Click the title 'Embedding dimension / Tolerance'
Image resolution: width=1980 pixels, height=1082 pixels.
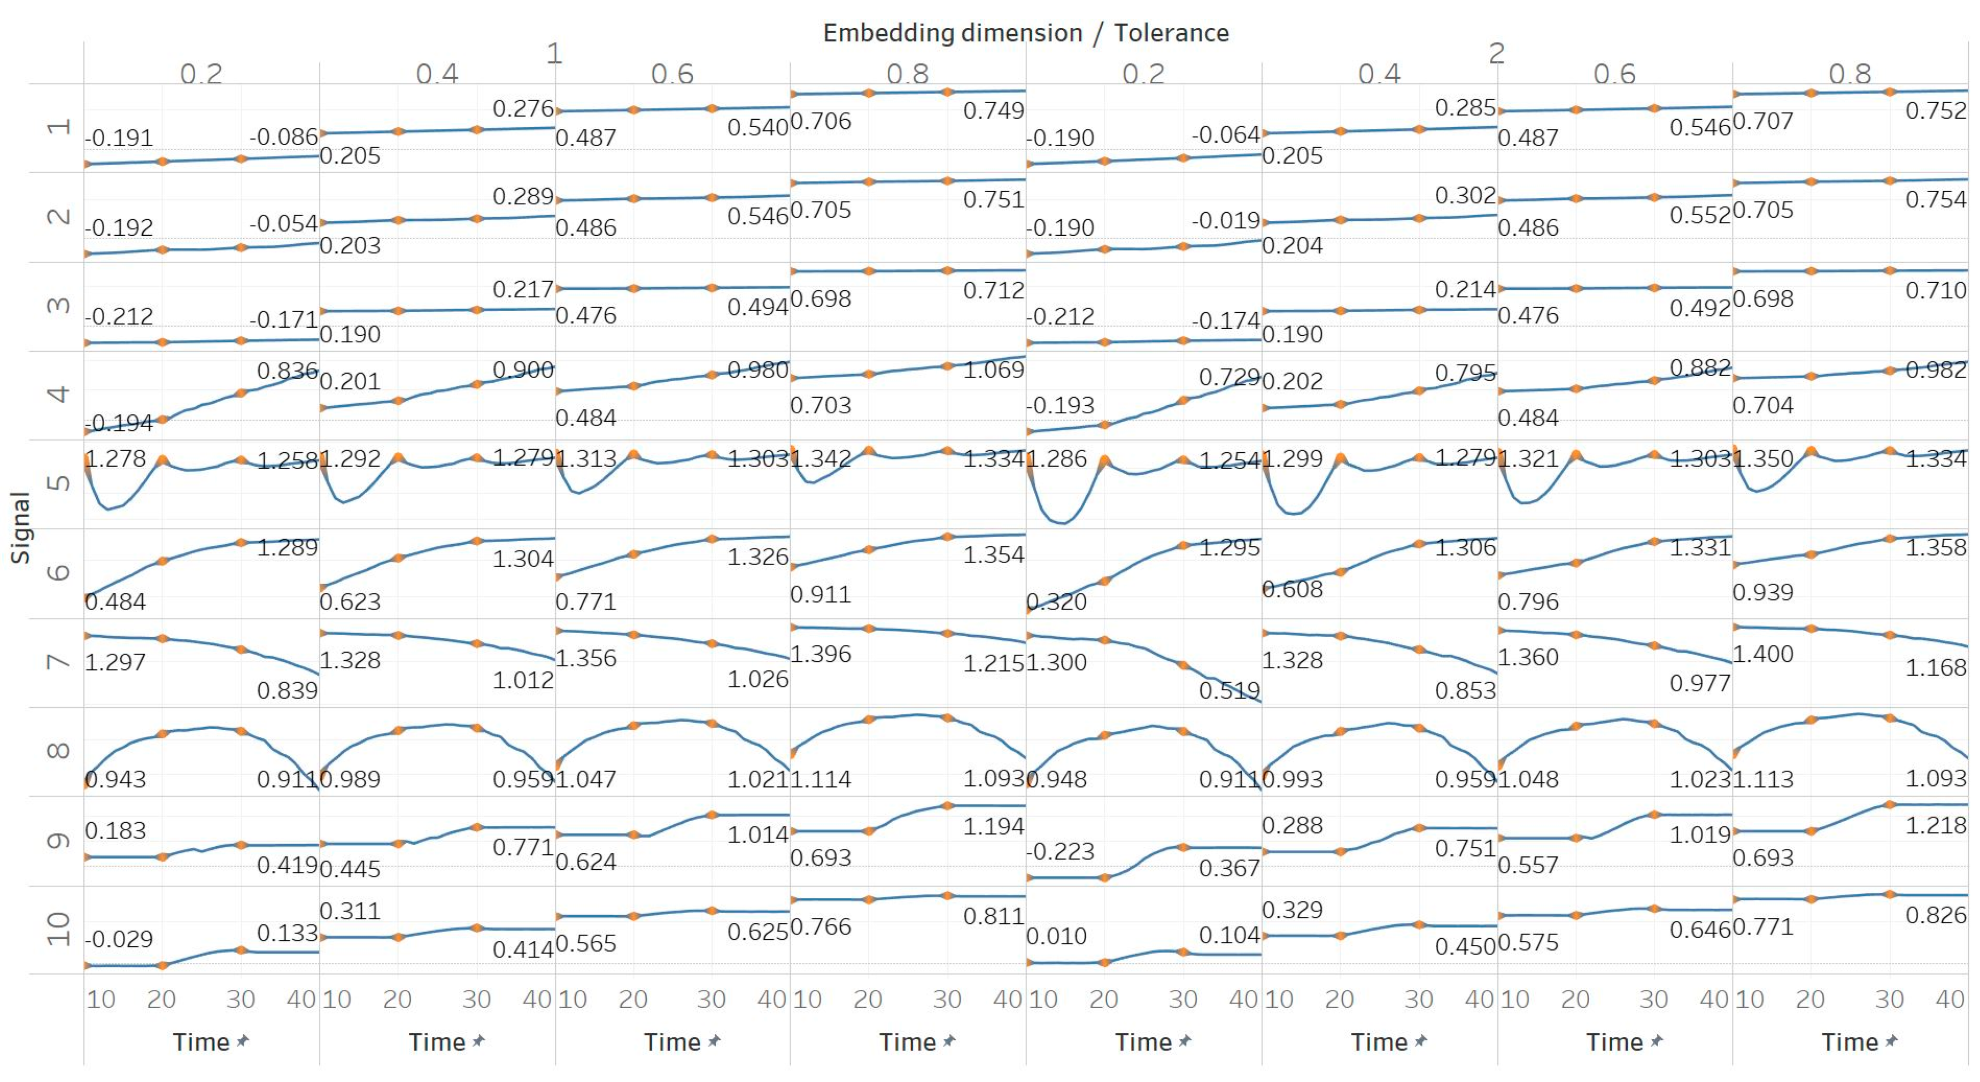[1025, 33]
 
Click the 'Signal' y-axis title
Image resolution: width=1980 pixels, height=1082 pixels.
[21, 528]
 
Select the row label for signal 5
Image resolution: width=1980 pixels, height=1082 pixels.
[58, 483]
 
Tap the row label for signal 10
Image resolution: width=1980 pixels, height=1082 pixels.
[58, 930]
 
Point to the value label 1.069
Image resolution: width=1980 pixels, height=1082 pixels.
[994, 370]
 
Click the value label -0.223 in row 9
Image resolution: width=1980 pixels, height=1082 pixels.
[1060, 852]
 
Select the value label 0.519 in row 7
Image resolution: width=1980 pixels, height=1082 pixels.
[1229, 690]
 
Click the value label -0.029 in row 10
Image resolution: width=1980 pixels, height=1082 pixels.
[119, 939]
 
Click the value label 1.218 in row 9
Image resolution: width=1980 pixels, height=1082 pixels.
[1936, 826]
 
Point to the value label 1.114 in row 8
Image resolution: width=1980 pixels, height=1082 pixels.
[821, 779]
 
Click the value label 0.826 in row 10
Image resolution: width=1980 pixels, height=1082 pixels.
[1936, 915]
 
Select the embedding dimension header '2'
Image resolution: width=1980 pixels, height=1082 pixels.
[1496, 54]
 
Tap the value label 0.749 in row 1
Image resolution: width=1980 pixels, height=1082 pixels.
[994, 111]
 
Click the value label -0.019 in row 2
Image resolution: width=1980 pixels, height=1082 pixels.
[1226, 221]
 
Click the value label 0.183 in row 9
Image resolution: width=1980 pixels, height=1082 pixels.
[115, 831]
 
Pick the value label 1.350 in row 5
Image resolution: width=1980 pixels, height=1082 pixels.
[1762, 459]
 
